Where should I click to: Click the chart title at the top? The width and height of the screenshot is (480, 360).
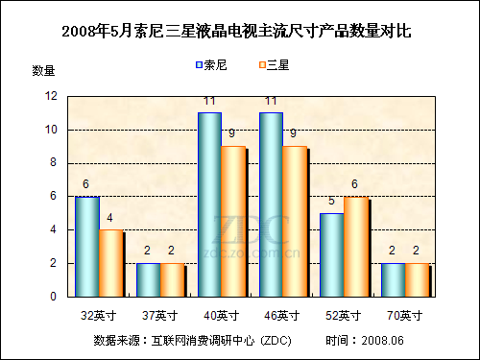point(236,31)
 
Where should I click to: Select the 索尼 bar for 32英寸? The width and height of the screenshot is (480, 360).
point(86,247)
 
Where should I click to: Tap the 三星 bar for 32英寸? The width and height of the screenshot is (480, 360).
point(111,263)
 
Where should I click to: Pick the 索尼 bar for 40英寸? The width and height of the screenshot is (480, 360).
point(209,204)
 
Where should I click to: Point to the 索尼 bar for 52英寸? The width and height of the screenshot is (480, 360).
point(331,254)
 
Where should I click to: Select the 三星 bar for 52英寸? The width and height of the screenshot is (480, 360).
point(356,247)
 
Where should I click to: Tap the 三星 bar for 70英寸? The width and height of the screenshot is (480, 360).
point(417,279)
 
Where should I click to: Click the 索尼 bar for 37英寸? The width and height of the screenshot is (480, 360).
point(148,279)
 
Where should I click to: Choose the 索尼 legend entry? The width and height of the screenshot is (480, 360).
point(212,65)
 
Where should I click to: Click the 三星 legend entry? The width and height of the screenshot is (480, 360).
point(274,65)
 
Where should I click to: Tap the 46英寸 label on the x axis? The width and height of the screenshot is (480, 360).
point(282,315)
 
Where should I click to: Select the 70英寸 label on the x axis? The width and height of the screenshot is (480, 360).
point(405,315)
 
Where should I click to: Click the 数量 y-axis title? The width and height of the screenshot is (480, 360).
point(44,70)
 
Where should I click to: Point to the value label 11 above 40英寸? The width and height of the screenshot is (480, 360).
point(208,101)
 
